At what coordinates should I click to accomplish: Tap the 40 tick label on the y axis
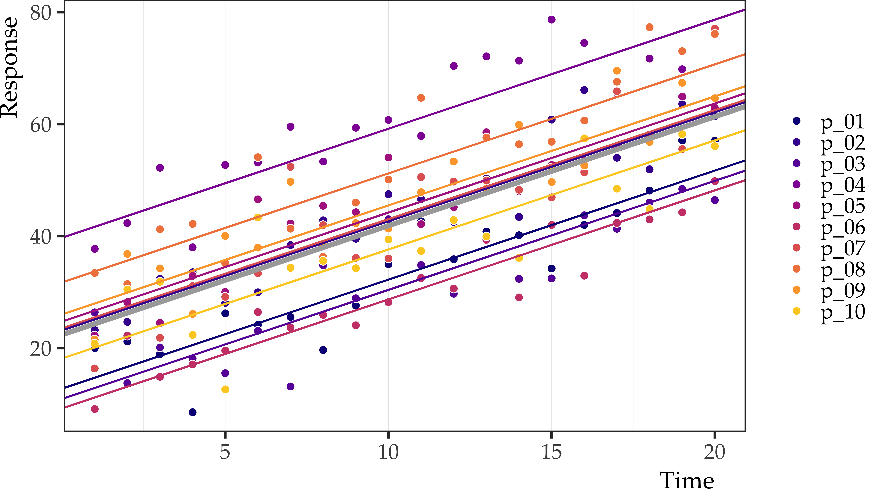40,236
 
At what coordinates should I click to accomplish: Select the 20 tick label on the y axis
40,348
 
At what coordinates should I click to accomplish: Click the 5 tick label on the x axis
225,452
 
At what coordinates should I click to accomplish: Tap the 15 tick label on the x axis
551,452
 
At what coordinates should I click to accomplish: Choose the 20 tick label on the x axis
714,452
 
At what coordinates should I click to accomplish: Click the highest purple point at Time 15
551,20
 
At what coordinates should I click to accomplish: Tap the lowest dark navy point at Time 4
193,412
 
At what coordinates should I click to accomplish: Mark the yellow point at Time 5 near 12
225,389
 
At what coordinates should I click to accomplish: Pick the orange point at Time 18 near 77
649,27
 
